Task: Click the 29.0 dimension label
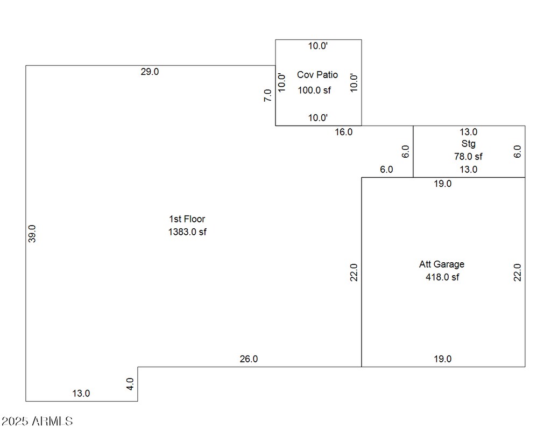(x=150, y=72)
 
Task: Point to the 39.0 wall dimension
(x=32, y=234)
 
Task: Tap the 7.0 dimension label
(x=268, y=95)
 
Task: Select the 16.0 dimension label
(x=344, y=132)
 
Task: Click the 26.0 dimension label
(x=249, y=359)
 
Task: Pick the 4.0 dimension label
(x=130, y=384)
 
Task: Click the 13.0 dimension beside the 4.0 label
(x=81, y=393)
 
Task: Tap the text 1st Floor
(x=187, y=219)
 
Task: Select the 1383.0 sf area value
(x=187, y=232)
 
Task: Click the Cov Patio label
(x=317, y=74)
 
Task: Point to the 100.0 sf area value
(x=314, y=90)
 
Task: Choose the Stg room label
(x=469, y=144)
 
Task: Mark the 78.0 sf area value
(x=469, y=157)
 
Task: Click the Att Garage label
(x=442, y=264)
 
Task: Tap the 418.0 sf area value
(x=442, y=277)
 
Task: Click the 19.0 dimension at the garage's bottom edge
(x=443, y=359)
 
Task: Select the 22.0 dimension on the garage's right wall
(x=517, y=272)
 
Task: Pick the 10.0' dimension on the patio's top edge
(x=318, y=46)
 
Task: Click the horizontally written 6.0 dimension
(x=386, y=170)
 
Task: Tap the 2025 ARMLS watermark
(x=37, y=421)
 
